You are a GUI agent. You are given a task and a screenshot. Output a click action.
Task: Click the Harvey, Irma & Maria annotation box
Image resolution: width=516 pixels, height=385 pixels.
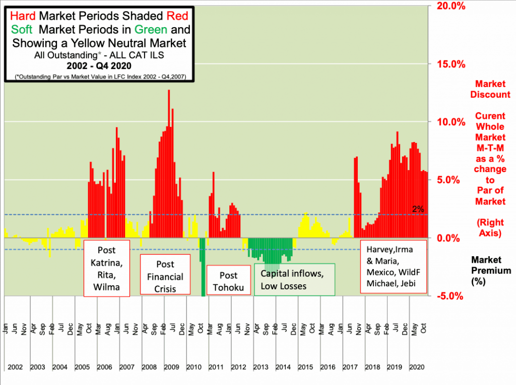point(394,268)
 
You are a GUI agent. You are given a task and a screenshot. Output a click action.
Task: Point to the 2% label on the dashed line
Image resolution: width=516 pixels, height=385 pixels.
point(418,209)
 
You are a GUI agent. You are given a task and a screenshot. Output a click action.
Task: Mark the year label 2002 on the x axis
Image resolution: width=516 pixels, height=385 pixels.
point(15,366)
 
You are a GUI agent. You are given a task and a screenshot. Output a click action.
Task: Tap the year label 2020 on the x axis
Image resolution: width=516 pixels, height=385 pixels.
point(416,366)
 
